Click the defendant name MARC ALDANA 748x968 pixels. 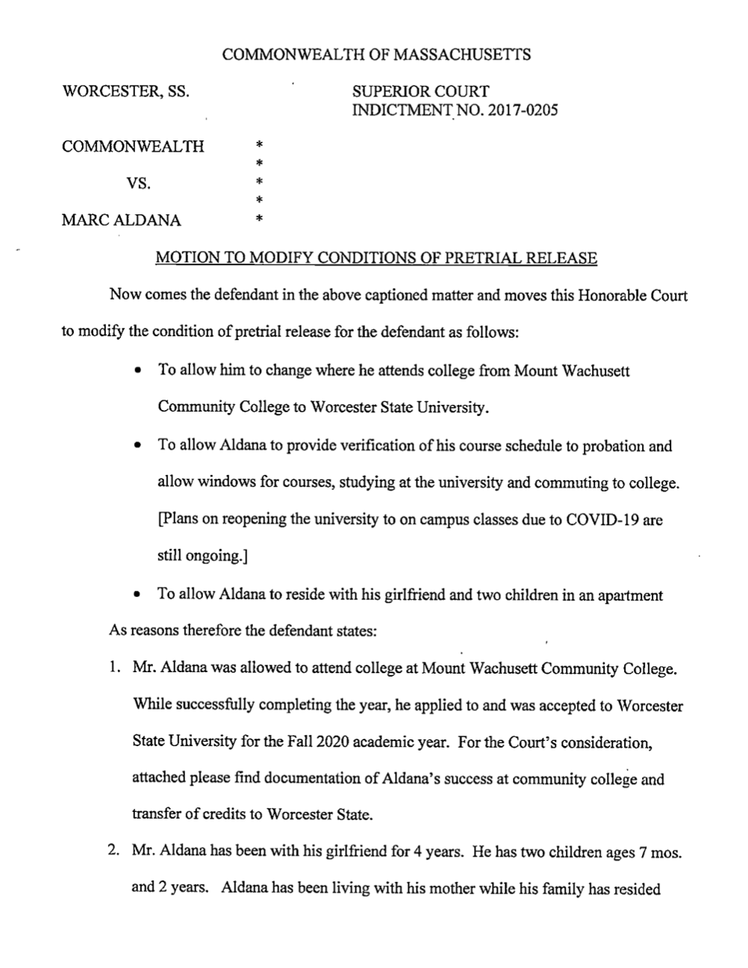pyautogui.click(x=121, y=220)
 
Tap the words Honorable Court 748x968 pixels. pyautogui.click(x=631, y=295)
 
